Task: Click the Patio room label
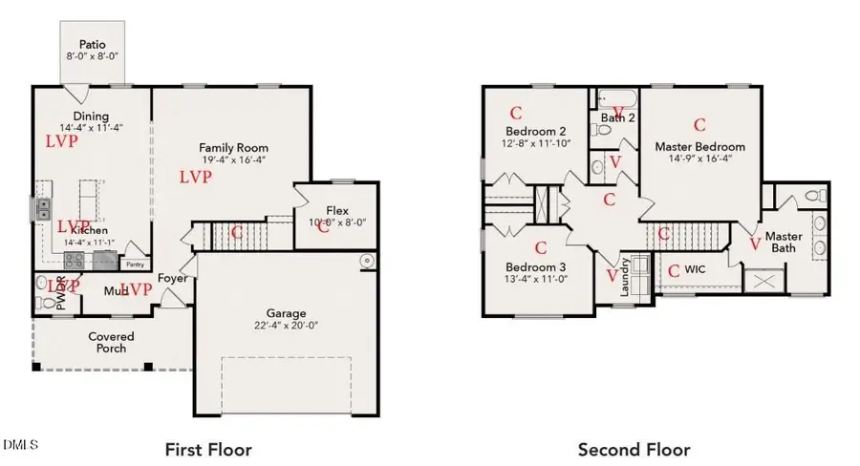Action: (91, 44)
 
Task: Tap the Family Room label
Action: (233, 148)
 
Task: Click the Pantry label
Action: (135, 265)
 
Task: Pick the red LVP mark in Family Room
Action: (195, 177)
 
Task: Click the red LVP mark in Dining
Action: (61, 140)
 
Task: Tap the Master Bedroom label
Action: (699, 146)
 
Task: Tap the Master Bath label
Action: (784, 243)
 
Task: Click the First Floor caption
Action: (208, 449)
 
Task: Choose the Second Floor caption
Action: (634, 449)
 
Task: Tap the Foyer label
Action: (172, 279)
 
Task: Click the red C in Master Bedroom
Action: (699, 124)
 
